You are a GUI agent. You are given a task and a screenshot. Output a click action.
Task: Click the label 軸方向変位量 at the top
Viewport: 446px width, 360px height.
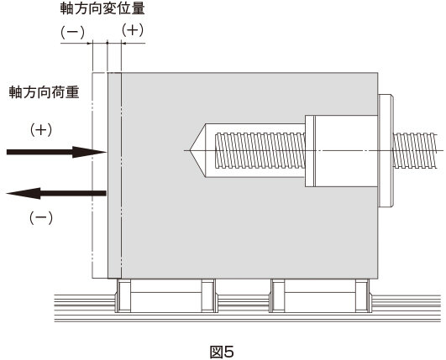pos(102,8)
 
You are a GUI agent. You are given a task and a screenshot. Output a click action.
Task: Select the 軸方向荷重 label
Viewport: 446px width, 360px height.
pos(44,92)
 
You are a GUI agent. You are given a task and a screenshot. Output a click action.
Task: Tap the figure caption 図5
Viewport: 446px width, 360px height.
pos(222,352)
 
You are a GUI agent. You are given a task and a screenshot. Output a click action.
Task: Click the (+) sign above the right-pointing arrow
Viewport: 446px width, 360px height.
pos(41,130)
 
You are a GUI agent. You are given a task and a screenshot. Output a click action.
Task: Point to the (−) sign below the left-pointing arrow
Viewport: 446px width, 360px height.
pos(41,218)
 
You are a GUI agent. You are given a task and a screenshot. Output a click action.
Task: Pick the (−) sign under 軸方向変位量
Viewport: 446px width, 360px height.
pos(72,33)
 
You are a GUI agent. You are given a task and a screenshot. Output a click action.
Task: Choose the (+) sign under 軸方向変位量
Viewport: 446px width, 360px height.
pos(133,30)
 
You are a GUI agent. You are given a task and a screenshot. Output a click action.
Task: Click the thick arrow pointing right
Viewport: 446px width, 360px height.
pos(56,152)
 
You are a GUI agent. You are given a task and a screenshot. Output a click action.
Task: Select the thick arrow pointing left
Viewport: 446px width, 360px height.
pos(56,194)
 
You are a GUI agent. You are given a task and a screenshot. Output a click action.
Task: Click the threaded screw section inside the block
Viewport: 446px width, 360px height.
pos(260,150)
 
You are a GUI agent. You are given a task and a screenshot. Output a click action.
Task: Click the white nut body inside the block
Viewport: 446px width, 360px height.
pos(346,151)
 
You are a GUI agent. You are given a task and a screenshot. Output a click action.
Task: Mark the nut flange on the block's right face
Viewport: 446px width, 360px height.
pos(386,150)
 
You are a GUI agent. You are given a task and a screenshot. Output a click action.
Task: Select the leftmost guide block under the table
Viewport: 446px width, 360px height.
pos(123,295)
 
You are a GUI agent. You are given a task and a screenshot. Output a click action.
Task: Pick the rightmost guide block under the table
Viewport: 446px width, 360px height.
pos(362,295)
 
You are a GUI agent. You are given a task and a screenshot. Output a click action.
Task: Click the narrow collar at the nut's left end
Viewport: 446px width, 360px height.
pos(310,151)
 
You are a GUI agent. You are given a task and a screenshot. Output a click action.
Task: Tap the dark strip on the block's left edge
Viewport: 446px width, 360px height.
pos(114,175)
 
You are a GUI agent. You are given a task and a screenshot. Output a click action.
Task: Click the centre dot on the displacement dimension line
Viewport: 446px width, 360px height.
pos(108,43)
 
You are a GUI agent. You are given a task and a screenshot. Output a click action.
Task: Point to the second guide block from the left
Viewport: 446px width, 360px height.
pos(208,295)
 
